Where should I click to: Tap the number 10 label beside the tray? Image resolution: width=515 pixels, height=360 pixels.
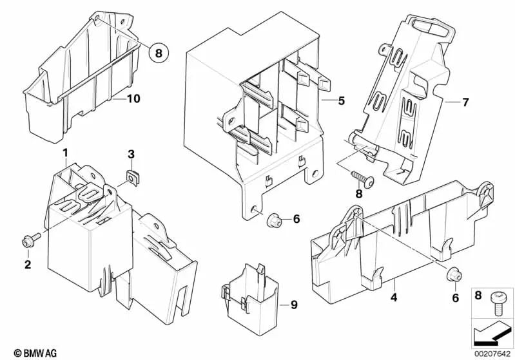[133, 99]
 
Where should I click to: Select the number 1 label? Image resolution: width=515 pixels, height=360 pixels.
[65, 153]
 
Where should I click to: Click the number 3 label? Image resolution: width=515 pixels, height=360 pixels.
[131, 154]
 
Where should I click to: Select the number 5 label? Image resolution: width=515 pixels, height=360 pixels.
[342, 100]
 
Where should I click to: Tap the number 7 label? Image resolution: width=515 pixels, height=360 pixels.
[466, 102]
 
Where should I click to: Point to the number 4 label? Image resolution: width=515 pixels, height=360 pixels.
[393, 298]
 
